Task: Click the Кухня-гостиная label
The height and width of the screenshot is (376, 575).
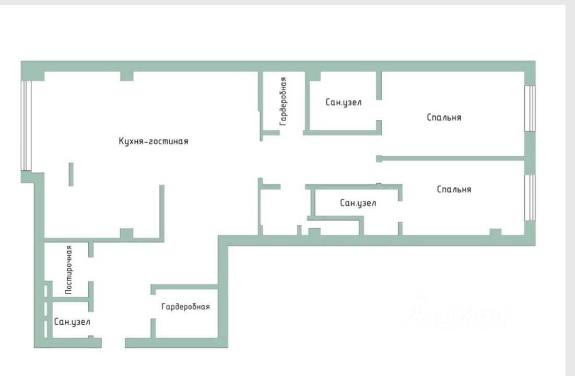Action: pyautogui.click(x=153, y=141)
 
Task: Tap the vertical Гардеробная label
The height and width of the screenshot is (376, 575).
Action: pyautogui.click(x=283, y=101)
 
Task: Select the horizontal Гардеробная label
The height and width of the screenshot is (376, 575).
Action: pyautogui.click(x=185, y=307)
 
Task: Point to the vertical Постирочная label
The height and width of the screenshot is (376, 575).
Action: pyautogui.click(x=68, y=270)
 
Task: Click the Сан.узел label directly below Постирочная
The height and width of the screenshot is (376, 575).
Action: pyautogui.click(x=72, y=322)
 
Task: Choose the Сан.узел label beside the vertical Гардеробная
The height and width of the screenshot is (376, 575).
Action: pyautogui.click(x=343, y=102)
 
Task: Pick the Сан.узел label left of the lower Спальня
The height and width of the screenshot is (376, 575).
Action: pyautogui.click(x=358, y=203)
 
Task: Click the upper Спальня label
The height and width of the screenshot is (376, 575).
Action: pyautogui.click(x=444, y=118)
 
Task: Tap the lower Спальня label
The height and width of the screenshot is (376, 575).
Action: pyautogui.click(x=454, y=189)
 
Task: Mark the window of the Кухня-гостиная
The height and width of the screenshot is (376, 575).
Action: pyautogui.click(x=26, y=126)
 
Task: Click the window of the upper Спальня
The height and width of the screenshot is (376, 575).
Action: pyautogui.click(x=530, y=108)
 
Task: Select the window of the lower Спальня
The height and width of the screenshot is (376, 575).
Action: pyautogui.click(x=530, y=197)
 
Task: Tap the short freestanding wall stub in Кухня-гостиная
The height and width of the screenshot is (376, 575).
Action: pyautogui.click(x=71, y=174)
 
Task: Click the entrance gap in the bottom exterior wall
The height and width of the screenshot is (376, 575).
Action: pyautogui.click(x=113, y=343)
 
